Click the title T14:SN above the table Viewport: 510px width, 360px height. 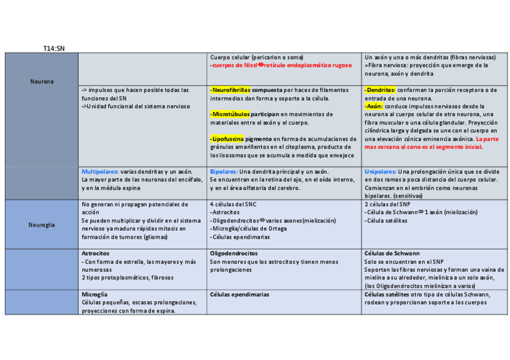tap(54, 47)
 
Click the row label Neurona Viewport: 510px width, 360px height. tap(41, 81)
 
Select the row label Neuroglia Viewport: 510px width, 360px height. tap(41, 225)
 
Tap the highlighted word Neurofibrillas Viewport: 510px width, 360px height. tap(230, 90)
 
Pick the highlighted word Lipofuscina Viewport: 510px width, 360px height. tap(228, 139)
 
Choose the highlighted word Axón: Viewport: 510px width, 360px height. tap(374, 106)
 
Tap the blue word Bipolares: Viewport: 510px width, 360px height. tap(224, 171)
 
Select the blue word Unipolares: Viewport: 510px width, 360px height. tap(381, 171)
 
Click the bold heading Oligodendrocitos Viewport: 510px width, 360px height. tap(234, 254)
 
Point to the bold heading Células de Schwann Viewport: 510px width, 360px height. tap(392, 254)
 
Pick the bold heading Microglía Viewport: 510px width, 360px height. tap(94, 294)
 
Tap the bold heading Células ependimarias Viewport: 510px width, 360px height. tap(239, 294)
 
